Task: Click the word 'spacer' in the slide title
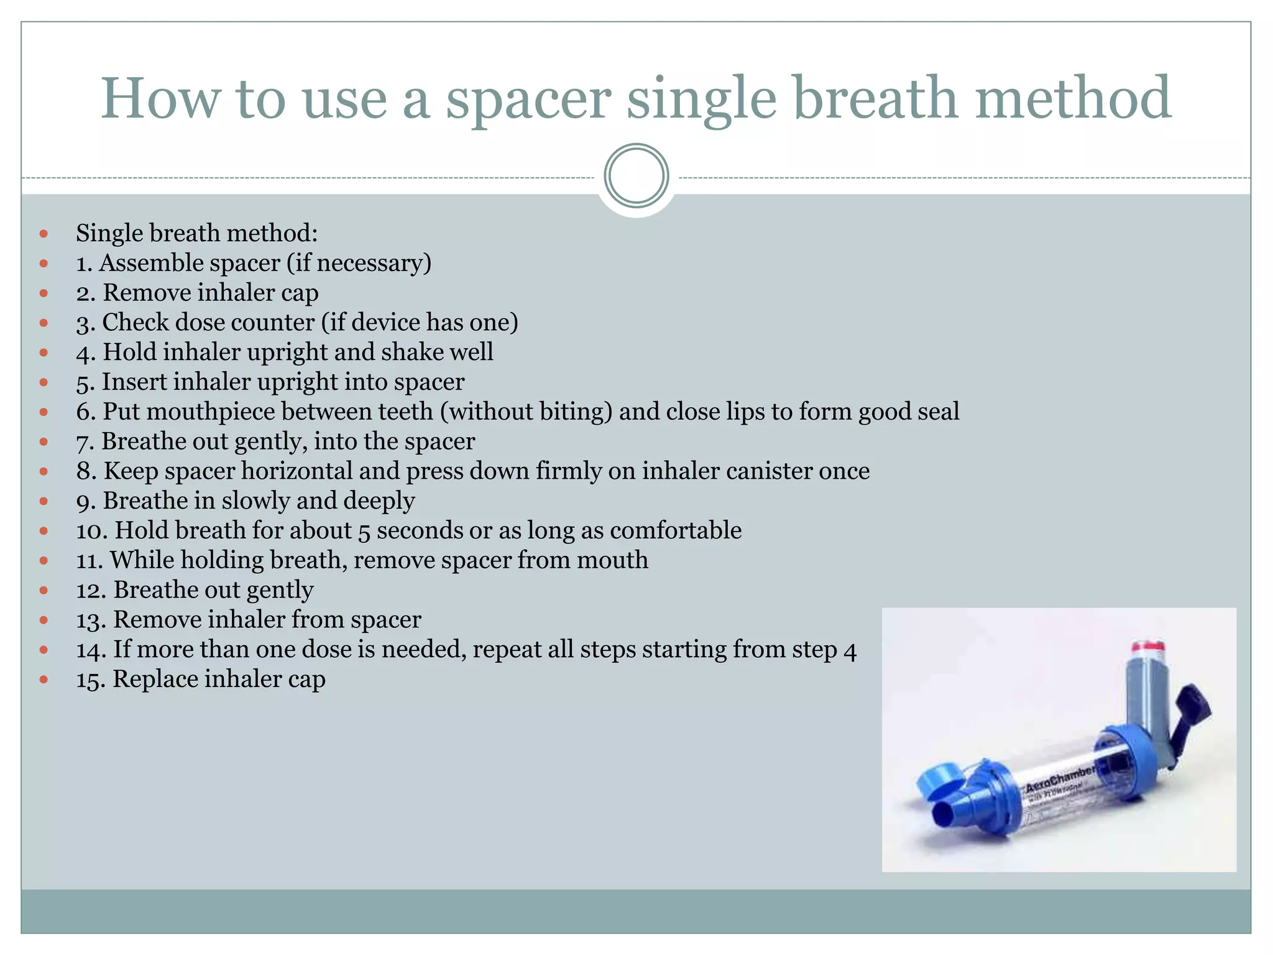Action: pyautogui.click(x=528, y=99)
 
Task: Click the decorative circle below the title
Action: pyautogui.click(x=636, y=176)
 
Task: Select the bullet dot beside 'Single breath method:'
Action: pyautogui.click(x=44, y=234)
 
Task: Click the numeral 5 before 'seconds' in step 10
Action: pyautogui.click(x=364, y=531)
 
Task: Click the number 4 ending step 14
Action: pyautogui.click(x=850, y=650)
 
